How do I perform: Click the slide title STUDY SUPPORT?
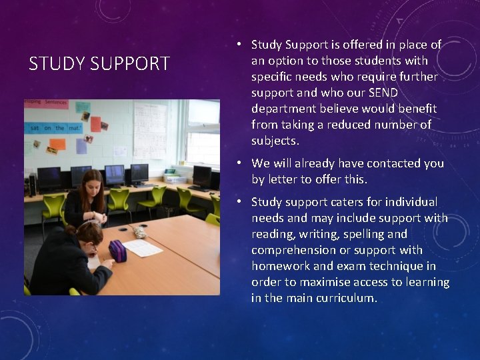pyautogui.click(x=99, y=64)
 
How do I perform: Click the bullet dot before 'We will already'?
pyautogui.click(x=238, y=163)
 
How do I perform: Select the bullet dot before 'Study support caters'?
pyautogui.click(x=238, y=201)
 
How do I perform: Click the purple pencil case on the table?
pyautogui.click(x=118, y=250)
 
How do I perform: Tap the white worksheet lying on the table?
pyautogui.click(x=142, y=248)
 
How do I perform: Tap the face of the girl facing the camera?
pyautogui.click(x=91, y=185)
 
